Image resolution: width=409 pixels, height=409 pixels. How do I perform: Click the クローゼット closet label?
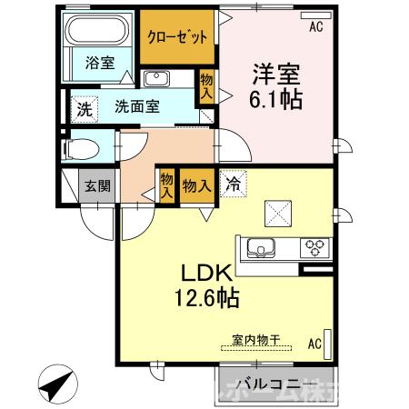tap(179, 35)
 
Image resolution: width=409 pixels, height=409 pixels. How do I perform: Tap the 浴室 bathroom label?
tap(100, 63)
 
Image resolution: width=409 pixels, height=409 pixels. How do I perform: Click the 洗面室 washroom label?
tap(137, 105)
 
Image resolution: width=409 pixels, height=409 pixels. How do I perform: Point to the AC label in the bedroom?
tap(315, 26)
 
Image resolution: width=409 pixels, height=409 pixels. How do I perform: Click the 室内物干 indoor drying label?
tap(255, 340)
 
